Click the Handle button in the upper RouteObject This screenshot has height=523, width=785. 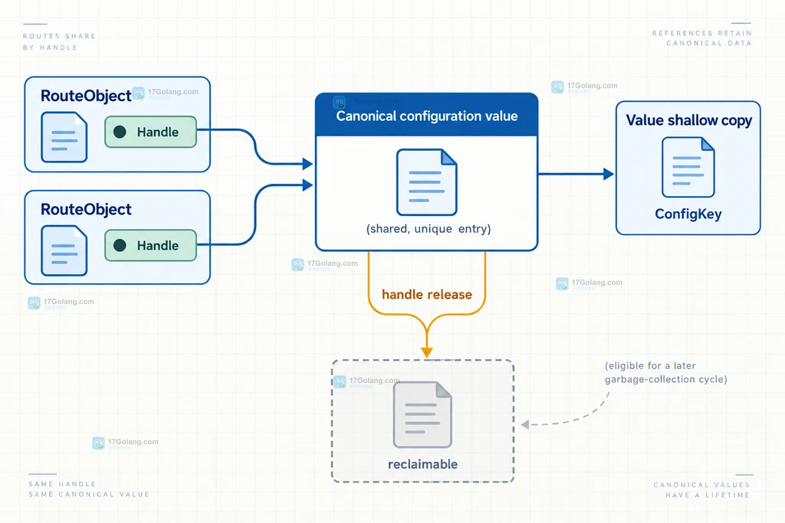(x=151, y=132)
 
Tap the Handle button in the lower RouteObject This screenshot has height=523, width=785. (x=151, y=246)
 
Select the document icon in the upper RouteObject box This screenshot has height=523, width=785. (x=64, y=137)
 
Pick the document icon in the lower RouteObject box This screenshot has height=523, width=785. (x=64, y=250)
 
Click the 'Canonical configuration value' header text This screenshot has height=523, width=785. (x=426, y=116)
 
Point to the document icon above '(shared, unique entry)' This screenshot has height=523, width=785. (x=426, y=182)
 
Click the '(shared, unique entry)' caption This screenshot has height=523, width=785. (x=429, y=229)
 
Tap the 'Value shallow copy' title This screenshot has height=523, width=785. (x=689, y=120)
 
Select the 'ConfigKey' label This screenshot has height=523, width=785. (x=688, y=214)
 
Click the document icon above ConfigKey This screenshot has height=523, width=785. (x=688, y=168)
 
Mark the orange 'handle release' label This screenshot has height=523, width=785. (x=427, y=295)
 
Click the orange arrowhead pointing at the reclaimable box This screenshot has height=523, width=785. (x=427, y=352)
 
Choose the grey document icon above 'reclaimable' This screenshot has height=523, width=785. (x=422, y=414)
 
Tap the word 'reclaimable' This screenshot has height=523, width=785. (x=423, y=465)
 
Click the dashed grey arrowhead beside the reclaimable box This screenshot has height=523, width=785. (x=525, y=424)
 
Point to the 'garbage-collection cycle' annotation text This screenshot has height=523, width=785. (x=666, y=380)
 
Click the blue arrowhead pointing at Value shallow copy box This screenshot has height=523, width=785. (x=609, y=174)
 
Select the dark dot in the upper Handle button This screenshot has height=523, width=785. (x=120, y=132)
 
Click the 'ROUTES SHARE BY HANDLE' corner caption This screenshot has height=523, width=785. (x=59, y=42)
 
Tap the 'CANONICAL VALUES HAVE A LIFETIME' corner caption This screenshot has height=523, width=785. (x=702, y=490)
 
